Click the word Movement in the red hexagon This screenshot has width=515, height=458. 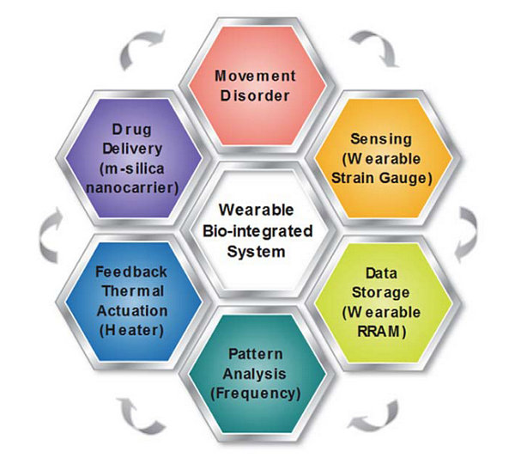pos(255,76)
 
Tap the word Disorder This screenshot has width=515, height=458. pos(255,95)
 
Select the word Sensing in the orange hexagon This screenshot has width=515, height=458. pos(381,139)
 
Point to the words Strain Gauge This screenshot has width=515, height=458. pos(382,178)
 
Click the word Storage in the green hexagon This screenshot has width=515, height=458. pos(380,292)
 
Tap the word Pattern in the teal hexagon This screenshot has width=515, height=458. pos(256,354)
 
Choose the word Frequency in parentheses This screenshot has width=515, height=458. pos(256,394)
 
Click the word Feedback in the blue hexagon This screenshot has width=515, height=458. pos(131,272)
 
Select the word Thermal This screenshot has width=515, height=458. pos(133,291)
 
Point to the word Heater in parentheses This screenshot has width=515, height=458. pos(131,331)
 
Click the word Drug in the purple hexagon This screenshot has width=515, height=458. pos(132,130)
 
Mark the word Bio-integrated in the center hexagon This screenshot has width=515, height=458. pos(257,231)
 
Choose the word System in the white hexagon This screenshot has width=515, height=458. pos(256,252)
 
